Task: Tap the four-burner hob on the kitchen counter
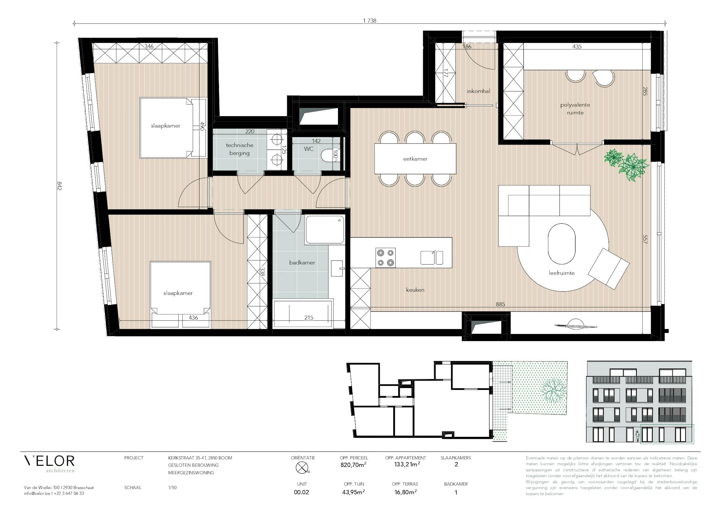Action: [385, 258]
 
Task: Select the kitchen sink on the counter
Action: [432, 257]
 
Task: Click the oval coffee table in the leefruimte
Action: [562, 243]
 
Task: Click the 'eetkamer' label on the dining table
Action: [415, 159]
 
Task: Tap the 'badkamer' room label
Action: [302, 262]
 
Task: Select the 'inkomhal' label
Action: [478, 91]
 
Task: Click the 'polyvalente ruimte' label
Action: [575, 109]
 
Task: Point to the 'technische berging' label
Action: [239, 149]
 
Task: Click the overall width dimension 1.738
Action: [370, 21]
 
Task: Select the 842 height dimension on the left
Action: [59, 186]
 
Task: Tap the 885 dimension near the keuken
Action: [500, 304]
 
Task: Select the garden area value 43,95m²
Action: [354, 492]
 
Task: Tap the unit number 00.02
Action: [302, 492]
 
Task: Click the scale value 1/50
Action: [172, 488]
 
